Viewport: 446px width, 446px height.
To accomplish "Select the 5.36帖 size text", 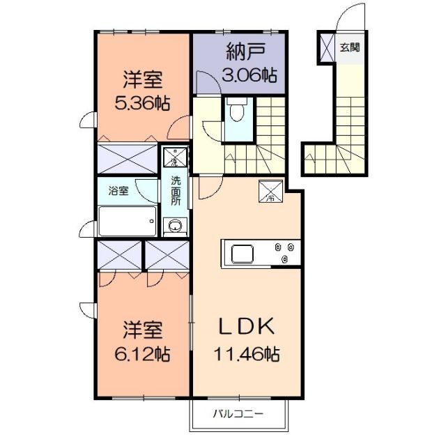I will [142, 102].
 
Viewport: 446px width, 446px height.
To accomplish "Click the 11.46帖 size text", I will [246, 354].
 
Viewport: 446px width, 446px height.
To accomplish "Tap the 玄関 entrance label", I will [350, 48].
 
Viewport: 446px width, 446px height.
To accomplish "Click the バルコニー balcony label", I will [238, 414].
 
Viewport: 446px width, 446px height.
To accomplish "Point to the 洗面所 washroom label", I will [176, 190].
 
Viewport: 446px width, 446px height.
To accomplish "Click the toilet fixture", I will [236, 111].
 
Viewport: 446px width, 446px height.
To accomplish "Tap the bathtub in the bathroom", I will [126, 222].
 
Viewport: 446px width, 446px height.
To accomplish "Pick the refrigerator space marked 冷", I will [269, 190].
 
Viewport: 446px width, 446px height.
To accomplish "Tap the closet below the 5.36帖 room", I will [128, 157].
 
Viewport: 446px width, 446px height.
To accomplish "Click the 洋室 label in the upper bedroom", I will [142, 77].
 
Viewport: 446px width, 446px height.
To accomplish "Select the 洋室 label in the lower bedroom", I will [143, 328].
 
